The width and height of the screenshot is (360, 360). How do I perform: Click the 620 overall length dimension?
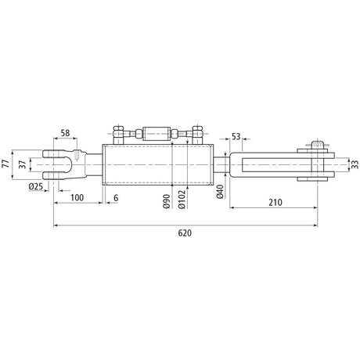(x=184, y=232)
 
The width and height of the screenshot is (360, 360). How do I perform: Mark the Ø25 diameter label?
(x=34, y=187)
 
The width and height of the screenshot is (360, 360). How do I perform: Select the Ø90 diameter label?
(x=167, y=200)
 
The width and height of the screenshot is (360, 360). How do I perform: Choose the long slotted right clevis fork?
(x=270, y=164)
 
